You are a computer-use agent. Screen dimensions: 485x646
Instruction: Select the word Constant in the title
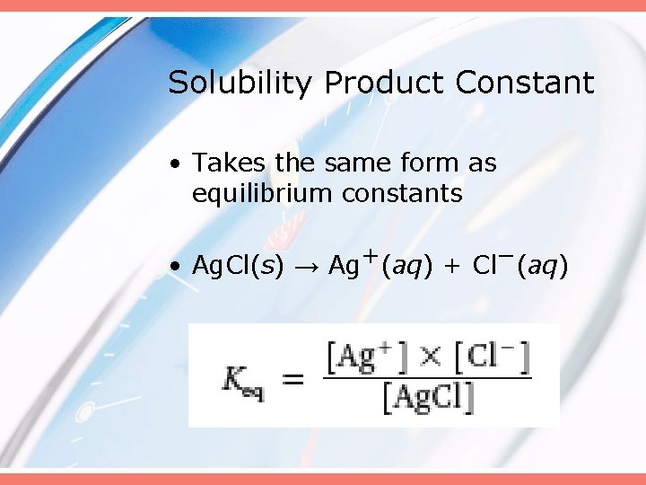tap(525, 84)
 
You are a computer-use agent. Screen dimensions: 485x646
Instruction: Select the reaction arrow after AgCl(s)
tap(306, 267)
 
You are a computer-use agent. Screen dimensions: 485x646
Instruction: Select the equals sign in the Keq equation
tap(293, 380)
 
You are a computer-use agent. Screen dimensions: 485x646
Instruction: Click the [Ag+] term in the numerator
tap(367, 358)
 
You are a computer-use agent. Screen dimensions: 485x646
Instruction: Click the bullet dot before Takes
tap(180, 163)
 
